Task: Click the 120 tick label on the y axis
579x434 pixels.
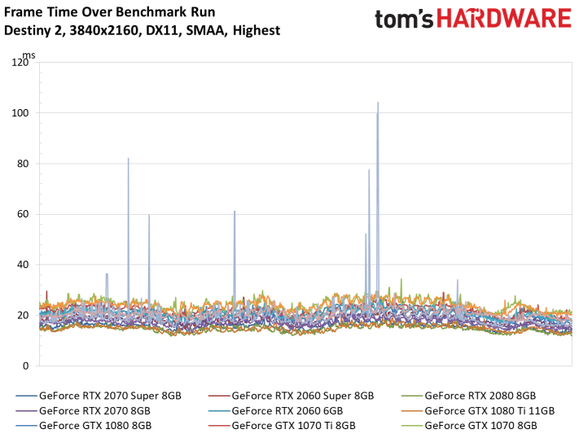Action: [20, 62]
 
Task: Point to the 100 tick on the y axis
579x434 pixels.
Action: [20, 113]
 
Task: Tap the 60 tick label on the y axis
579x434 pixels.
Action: [23, 214]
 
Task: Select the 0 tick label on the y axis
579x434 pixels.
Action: [25, 366]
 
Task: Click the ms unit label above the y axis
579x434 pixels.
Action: [29, 55]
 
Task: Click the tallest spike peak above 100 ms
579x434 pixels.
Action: [378, 103]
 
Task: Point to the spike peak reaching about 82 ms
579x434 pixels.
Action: [128, 159]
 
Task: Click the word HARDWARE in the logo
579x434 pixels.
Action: [504, 19]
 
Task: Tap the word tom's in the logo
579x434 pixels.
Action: [404, 20]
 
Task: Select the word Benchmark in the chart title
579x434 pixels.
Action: [149, 12]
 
